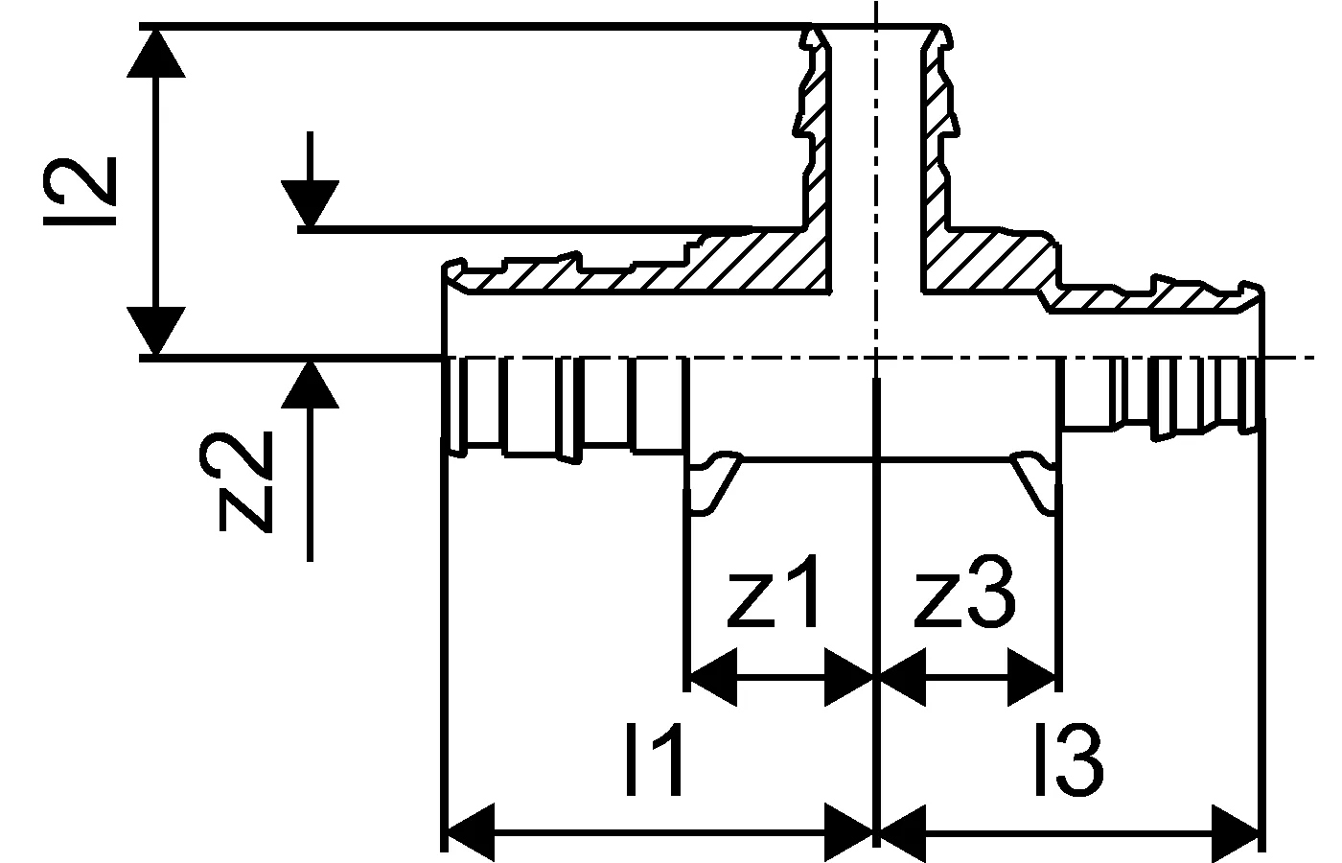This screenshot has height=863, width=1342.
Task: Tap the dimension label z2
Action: point(245,479)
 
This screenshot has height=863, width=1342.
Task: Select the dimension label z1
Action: point(773,598)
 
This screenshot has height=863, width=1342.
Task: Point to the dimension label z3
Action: point(962,598)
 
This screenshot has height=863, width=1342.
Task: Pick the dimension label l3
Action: point(1069,762)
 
